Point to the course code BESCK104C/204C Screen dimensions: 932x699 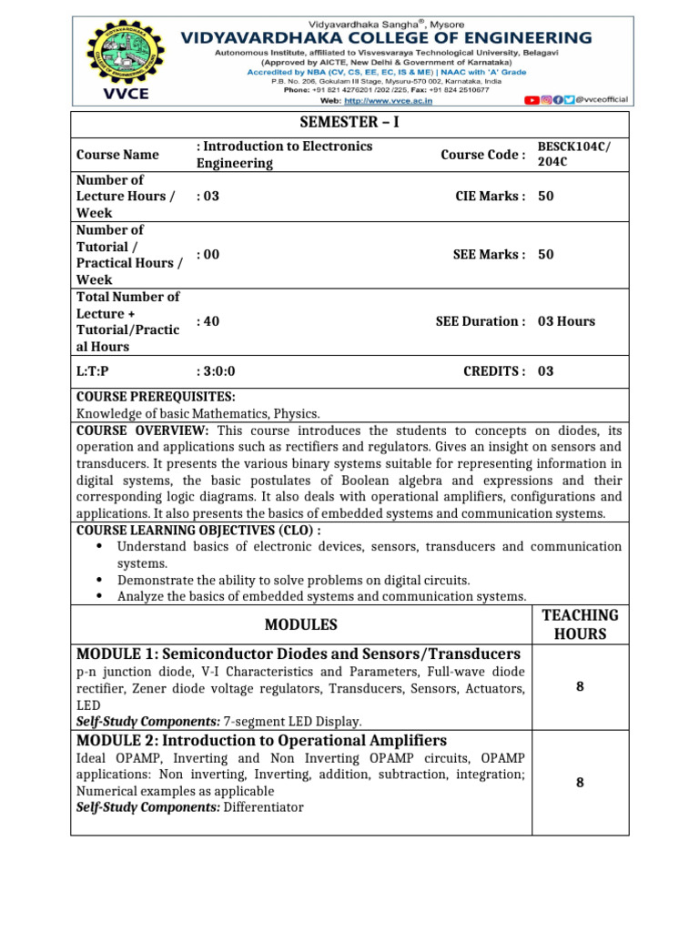(570, 154)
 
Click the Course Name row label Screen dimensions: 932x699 (117, 155)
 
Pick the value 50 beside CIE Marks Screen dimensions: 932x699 (546, 196)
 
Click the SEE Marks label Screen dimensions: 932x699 (489, 255)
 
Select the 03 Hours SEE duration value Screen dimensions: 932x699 (566, 321)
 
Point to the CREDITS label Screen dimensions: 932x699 (494, 371)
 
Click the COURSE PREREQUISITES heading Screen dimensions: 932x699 (156, 398)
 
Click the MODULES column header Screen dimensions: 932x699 (300, 624)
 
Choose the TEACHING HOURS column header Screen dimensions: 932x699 (580, 624)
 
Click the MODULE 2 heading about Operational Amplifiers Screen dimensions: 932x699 (262, 740)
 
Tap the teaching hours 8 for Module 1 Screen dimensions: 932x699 (580, 687)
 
